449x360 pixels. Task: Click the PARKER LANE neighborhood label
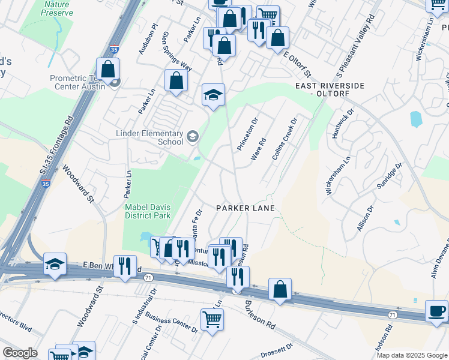click(x=246, y=208)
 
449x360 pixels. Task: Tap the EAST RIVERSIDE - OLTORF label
click(x=330, y=90)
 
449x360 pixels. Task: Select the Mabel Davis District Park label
click(x=148, y=211)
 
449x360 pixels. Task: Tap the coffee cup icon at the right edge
click(x=436, y=311)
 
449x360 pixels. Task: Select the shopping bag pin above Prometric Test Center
click(x=108, y=69)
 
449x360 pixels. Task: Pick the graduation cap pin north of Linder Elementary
click(x=213, y=95)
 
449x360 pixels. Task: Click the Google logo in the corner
click(x=20, y=353)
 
